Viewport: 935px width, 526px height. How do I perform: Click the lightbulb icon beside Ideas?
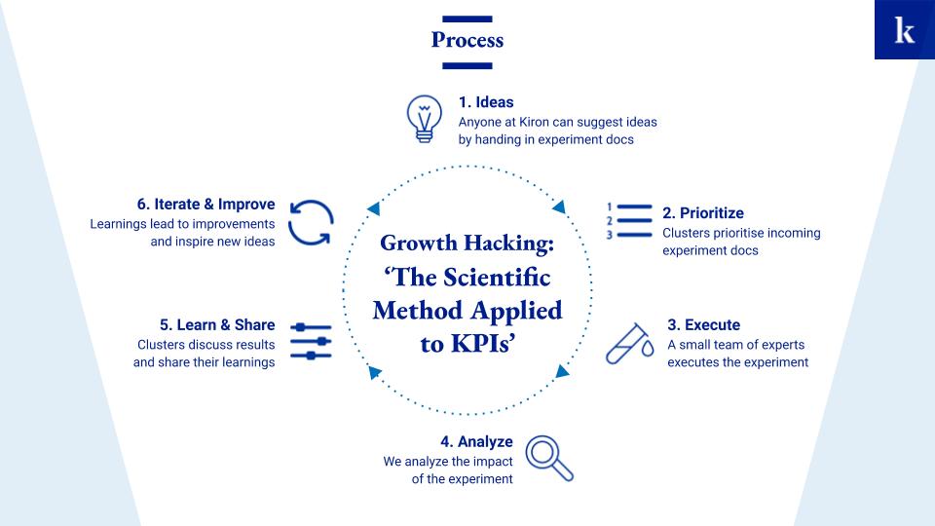424,119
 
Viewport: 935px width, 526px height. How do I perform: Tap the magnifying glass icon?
548,458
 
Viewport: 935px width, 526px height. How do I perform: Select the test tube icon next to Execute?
629,344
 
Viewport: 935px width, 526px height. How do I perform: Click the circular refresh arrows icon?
311,222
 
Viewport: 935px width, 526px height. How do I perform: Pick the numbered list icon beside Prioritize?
630,221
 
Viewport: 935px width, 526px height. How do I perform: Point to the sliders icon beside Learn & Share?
311,342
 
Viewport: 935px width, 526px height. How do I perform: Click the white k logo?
904,30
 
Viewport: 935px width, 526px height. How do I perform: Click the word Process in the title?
467,40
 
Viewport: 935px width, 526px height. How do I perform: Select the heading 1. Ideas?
486,102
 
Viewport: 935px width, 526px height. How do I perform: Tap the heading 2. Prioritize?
703,213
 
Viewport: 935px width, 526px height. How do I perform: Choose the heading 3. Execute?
703,324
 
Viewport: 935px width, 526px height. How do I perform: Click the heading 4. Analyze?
476,441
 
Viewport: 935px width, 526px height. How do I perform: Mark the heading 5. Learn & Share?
217,324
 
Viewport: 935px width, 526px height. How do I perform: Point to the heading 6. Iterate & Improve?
206,204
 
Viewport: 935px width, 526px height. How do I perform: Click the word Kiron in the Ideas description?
534,122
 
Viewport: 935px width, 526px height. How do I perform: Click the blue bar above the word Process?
467,19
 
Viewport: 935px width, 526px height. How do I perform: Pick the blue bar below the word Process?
467,65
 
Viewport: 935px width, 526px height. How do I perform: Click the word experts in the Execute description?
783,345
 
